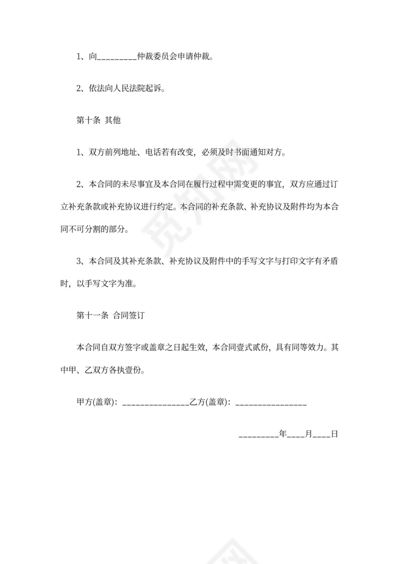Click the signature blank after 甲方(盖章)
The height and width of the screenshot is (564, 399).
click(156, 405)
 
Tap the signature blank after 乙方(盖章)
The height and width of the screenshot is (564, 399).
click(271, 405)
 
